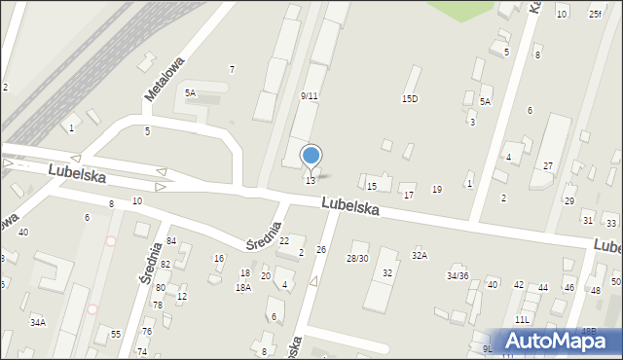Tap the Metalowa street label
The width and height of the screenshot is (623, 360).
point(164,77)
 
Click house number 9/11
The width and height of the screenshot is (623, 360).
point(310,96)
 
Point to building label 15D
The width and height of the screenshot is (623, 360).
point(410,98)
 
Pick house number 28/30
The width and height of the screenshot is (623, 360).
point(357,258)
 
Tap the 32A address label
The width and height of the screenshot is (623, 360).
point(420,255)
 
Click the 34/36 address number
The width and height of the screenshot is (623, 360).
point(458,275)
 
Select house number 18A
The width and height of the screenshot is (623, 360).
point(242,287)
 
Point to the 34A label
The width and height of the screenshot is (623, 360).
point(37,322)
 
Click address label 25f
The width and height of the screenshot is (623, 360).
point(595,14)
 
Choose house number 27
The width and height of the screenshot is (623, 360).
point(548,166)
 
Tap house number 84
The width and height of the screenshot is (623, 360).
point(171,240)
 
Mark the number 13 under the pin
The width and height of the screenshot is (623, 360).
point(310,181)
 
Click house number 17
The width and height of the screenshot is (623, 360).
point(409,196)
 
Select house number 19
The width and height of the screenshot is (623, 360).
point(437,189)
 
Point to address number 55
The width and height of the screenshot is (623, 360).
point(115,334)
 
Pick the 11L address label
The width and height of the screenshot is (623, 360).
point(523,319)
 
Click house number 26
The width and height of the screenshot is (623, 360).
point(320,250)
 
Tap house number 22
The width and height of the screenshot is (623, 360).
point(284,240)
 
